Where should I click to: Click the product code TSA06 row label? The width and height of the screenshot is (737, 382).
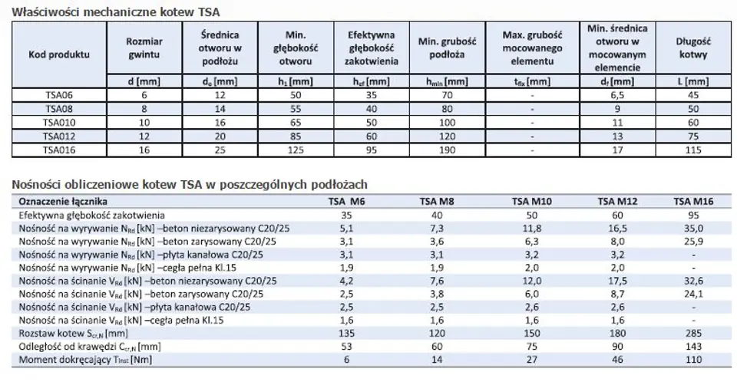(x=58, y=94)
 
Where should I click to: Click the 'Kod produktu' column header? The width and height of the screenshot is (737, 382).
(x=58, y=54)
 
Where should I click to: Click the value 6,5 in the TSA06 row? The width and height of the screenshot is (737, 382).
(x=624, y=94)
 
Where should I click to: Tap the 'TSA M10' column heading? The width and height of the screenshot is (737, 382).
(x=530, y=202)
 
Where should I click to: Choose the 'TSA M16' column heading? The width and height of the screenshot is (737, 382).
(x=693, y=202)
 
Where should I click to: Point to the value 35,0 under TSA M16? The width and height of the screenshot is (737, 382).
(x=693, y=228)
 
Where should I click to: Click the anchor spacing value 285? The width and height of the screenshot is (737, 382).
(x=693, y=334)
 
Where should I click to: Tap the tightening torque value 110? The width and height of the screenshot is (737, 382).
(x=693, y=360)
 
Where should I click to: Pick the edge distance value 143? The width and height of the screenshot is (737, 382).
(x=693, y=347)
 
